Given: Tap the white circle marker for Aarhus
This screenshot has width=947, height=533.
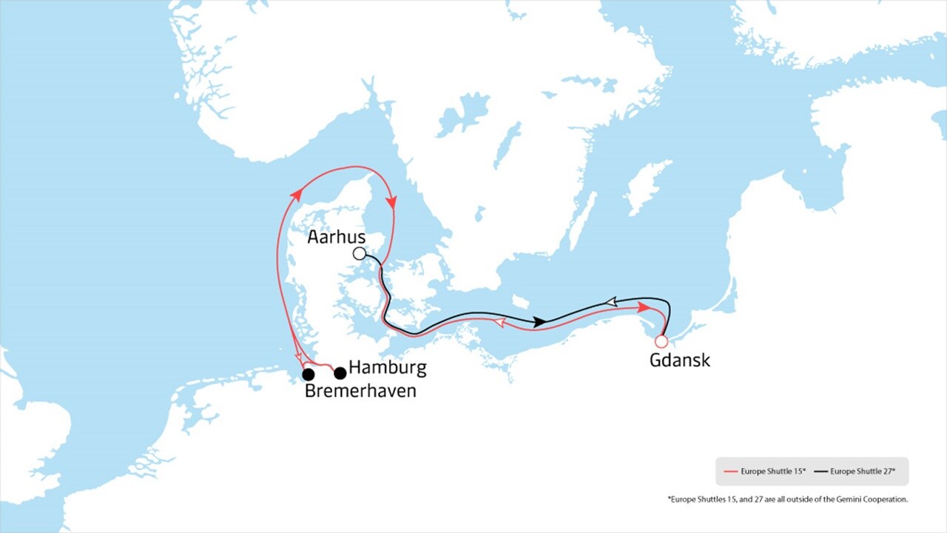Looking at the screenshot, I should click(x=360, y=254).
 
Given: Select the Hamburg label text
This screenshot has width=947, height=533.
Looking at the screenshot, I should click(x=387, y=367).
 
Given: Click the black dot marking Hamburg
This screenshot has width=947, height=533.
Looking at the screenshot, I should click(x=340, y=373).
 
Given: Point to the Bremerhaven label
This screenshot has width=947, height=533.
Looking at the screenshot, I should click(x=360, y=391).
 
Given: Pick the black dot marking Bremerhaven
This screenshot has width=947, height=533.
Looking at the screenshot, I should click(x=309, y=375).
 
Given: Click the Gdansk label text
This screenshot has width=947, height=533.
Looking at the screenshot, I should click(x=679, y=361).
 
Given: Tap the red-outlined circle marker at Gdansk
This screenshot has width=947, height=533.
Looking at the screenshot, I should click(x=661, y=341).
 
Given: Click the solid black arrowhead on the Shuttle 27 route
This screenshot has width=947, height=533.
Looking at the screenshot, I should click(x=540, y=322).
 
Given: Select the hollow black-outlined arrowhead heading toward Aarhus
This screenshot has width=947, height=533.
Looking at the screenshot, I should click(x=611, y=302).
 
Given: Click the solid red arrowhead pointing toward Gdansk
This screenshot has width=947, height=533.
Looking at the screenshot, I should click(x=646, y=307).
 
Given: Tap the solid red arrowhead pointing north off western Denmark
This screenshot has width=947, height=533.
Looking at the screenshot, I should click(x=296, y=195).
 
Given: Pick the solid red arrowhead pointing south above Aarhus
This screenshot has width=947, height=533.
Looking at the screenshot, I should click(x=392, y=202).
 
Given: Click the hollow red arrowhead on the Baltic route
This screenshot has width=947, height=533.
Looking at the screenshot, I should click(x=499, y=324).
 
